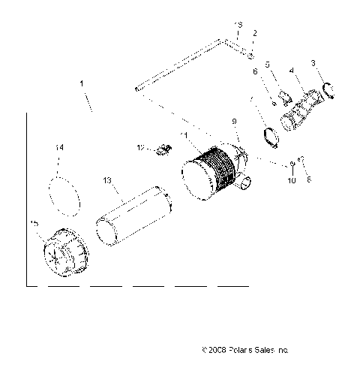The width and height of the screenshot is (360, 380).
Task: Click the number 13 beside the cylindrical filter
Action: pos(106,180)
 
